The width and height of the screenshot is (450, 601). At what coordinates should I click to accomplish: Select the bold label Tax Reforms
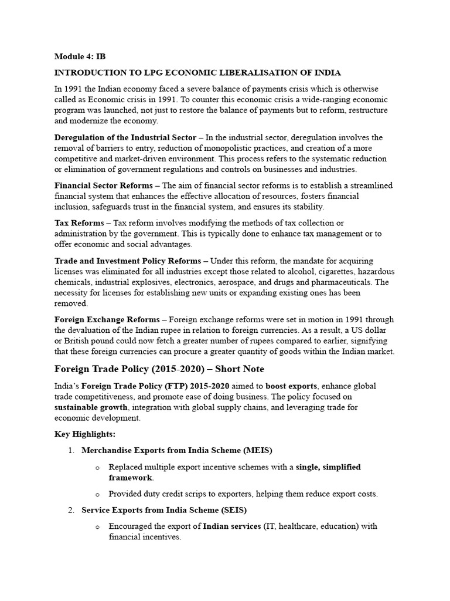pyautogui.click(x=79, y=223)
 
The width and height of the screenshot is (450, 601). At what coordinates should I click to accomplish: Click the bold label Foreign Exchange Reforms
pyautogui.click(x=107, y=319)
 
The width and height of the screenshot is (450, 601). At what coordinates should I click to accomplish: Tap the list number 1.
pyautogui.click(x=71, y=450)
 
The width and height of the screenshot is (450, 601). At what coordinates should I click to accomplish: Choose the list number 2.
pyautogui.click(x=71, y=509)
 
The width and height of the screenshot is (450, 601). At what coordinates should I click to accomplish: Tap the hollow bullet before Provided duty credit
pyautogui.click(x=97, y=494)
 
